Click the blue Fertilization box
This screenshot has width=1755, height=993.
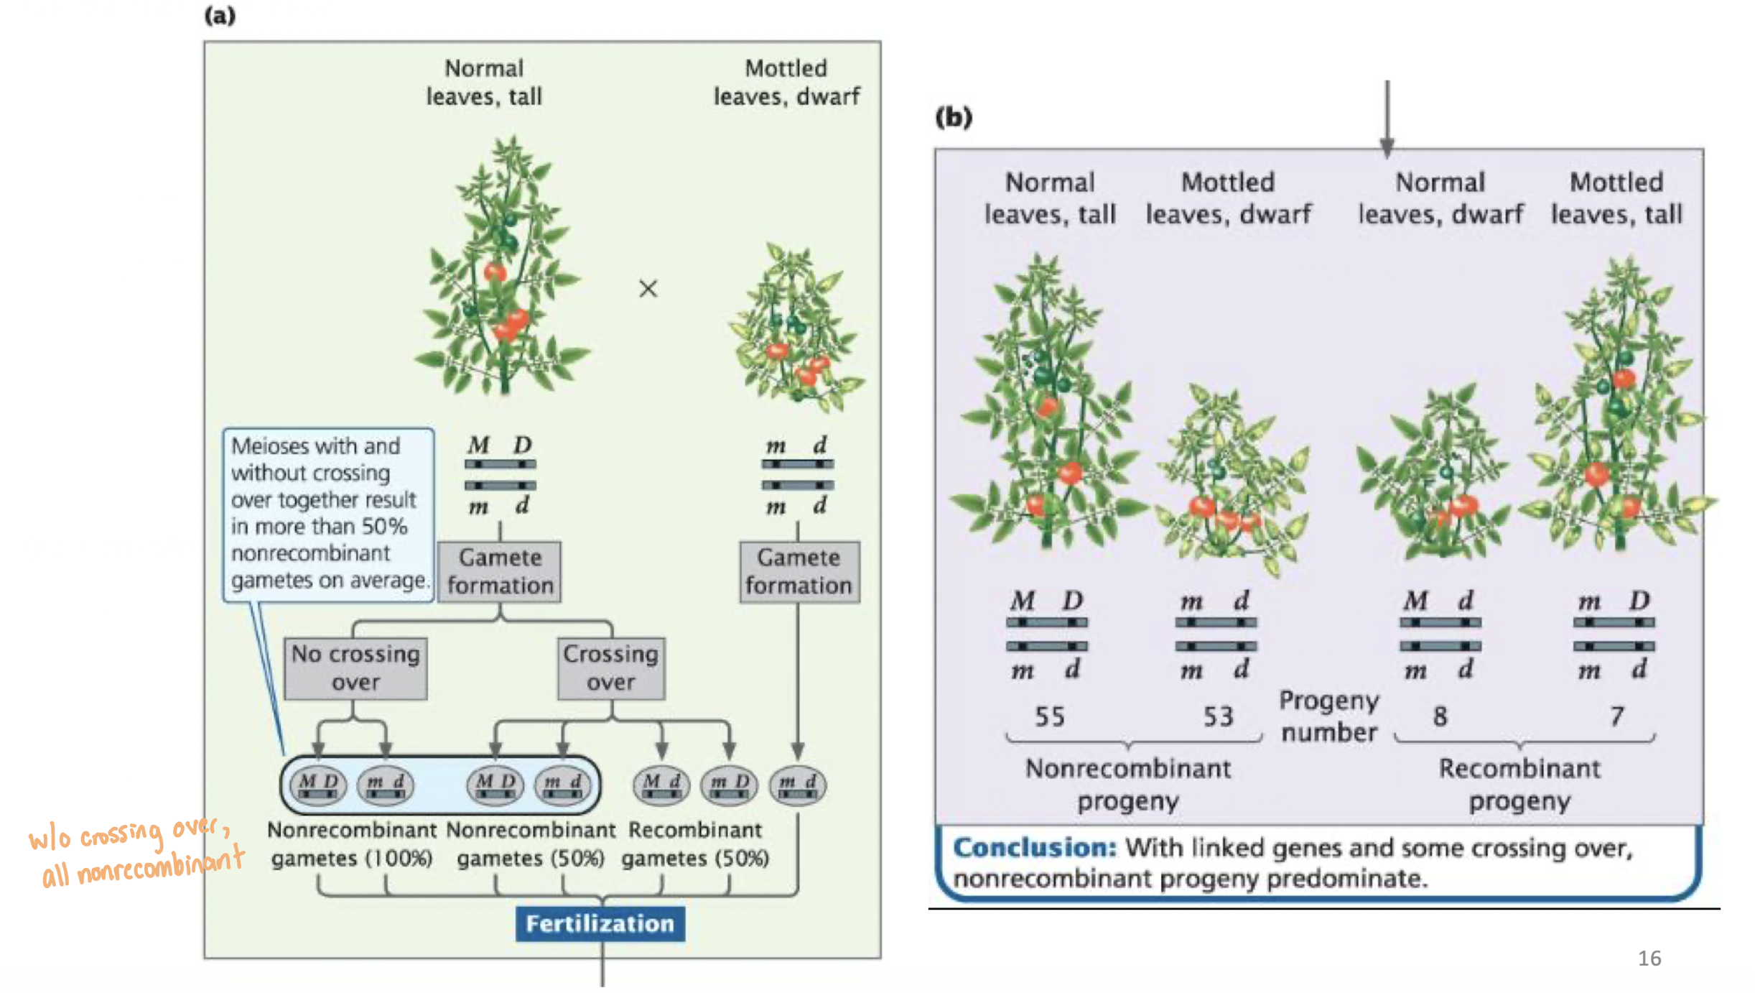click(600, 923)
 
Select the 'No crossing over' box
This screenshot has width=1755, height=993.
click(355, 668)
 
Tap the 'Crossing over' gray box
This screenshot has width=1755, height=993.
click(610, 668)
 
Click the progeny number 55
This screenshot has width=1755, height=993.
click(1049, 716)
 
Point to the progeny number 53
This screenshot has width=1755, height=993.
click(1218, 716)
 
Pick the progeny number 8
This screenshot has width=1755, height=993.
click(1440, 716)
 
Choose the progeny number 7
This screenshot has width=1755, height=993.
click(1616, 716)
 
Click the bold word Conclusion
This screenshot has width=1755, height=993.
click(1034, 848)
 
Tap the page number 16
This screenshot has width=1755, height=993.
click(1649, 959)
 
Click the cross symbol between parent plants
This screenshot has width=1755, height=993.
click(648, 289)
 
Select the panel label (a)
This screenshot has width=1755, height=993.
click(220, 16)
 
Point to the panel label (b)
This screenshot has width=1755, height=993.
click(954, 116)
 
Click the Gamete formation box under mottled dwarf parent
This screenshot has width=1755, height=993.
click(799, 572)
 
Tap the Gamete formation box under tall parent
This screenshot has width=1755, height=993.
click(500, 572)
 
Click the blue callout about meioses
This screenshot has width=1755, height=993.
click(328, 513)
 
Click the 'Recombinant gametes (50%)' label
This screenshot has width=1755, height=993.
click(695, 844)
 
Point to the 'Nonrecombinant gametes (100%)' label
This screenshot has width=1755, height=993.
click(352, 844)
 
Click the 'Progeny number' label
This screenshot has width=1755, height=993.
click(1329, 716)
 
